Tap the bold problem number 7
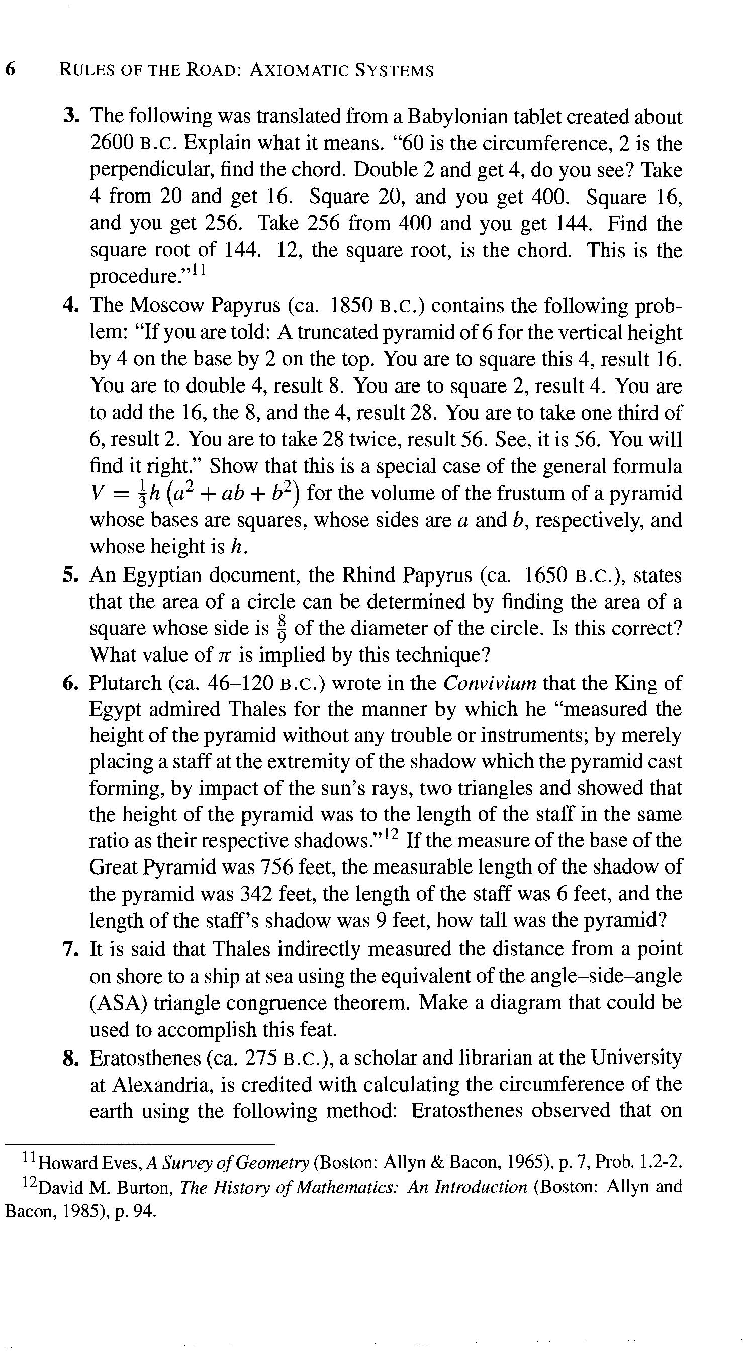pyautogui.click(x=70, y=950)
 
